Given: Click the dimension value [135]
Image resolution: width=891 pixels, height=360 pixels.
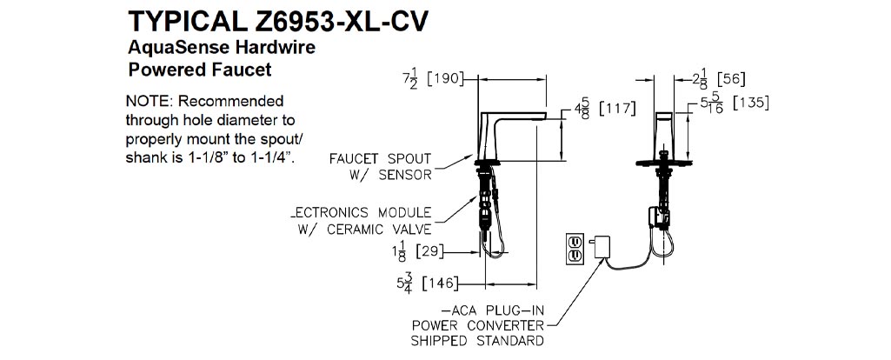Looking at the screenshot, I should [x=751, y=103].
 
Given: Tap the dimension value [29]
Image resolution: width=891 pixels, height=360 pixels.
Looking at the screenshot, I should [x=431, y=253].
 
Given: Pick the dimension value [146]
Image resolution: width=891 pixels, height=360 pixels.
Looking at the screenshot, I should [x=437, y=283].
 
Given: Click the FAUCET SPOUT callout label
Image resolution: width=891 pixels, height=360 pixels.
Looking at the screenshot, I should [x=380, y=159].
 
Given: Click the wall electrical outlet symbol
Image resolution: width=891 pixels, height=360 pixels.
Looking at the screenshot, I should [x=575, y=247].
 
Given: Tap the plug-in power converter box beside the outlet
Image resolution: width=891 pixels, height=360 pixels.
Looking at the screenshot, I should [x=599, y=249].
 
